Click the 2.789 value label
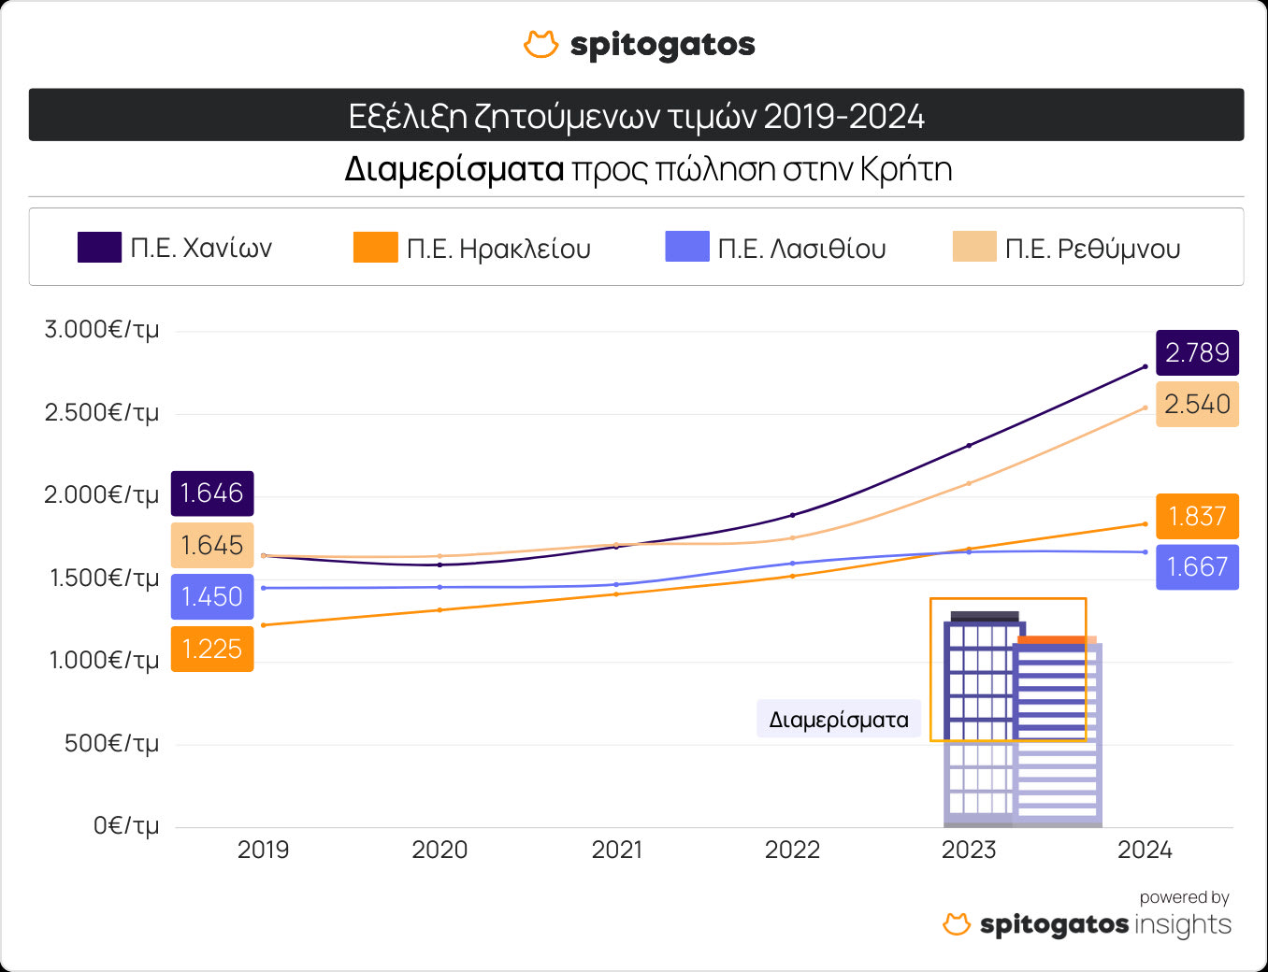[x=1197, y=353]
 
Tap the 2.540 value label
[x=1197, y=404]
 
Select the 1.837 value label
[x=1197, y=516]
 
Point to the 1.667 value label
[x=1197, y=566]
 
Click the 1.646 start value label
[x=212, y=493]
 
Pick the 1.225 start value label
[x=212, y=649]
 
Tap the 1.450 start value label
[x=212, y=596]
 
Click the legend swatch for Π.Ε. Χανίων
[x=99, y=248]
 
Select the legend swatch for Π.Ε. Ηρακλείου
[x=375, y=248]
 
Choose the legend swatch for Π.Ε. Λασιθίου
[x=687, y=248]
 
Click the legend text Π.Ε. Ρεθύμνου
[x=1092, y=249]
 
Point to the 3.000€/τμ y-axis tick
[x=102, y=330]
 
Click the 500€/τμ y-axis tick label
[x=111, y=744]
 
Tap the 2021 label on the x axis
[x=617, y=850]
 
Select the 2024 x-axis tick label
[x=1145, y=850]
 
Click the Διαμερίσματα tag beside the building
[x=839, y=720]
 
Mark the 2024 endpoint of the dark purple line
[x=1146, y=366]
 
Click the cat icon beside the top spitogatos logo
[x=540, y=44]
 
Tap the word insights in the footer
[x=1182, y=924]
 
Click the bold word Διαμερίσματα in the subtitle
[x=454, y=169]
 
